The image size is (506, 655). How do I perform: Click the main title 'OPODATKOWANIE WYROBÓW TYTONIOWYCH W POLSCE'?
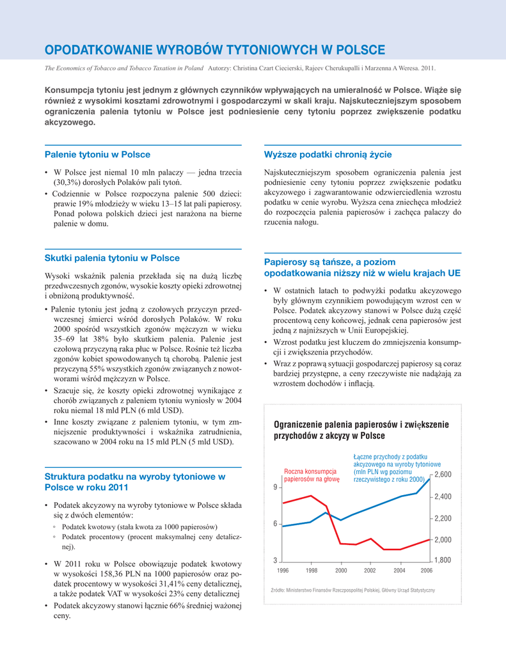(214, 50)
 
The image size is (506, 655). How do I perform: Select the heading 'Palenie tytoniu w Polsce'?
(97, 155)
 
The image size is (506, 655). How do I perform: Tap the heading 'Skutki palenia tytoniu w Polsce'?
(112, 258)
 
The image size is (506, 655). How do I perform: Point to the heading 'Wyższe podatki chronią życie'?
(328, 155)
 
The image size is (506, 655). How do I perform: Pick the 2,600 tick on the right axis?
(443, 475)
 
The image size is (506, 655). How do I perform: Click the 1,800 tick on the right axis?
(443, 561)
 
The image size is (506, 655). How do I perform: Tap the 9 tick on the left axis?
(276, 487)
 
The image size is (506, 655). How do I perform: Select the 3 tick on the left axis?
(276, 561)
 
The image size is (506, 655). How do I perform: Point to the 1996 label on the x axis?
(283, 571)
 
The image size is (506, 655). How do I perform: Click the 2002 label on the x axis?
(370, 571)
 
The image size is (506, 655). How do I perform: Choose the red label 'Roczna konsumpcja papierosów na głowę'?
(312, 475)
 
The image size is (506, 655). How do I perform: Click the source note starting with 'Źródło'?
(349, 590)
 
